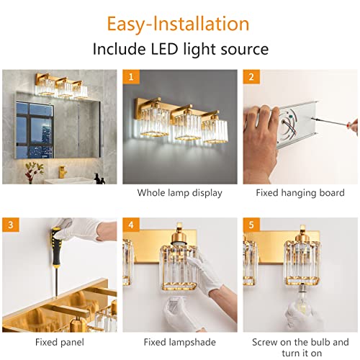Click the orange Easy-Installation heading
179,23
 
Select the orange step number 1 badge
130,76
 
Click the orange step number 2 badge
251,76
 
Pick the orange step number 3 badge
10,224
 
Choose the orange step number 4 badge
130,224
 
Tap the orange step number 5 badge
251,224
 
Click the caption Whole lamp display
179,193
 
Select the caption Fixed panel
59,342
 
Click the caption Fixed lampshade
179,342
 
